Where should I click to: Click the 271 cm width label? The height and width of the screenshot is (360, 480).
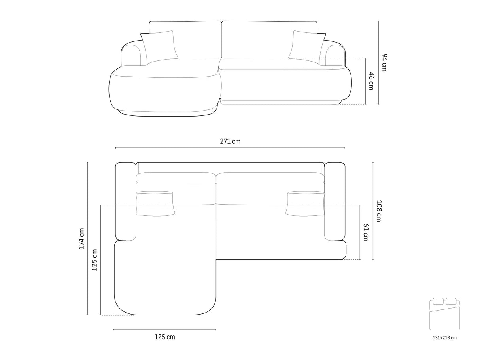coord(230,141)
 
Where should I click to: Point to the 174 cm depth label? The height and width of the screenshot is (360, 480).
coord(81,238)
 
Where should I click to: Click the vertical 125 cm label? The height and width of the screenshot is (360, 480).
coord(94,260)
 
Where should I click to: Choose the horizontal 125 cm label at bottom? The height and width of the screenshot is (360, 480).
coord(164,337)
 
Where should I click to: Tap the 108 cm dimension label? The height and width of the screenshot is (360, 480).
coord(378,211)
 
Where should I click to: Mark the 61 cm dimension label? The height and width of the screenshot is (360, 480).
coord(366,232)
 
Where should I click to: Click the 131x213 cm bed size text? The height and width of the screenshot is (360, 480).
coord(444,338)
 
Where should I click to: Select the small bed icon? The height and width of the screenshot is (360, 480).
coord(444,314)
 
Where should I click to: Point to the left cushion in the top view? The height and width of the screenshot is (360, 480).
coord(155,204)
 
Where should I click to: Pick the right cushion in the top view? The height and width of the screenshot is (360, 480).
coord(306,204)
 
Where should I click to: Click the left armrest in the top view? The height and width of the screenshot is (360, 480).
coord(125,202)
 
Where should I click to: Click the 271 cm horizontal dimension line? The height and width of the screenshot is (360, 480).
coord(230,148)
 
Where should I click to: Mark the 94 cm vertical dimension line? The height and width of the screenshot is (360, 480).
coord(378,62)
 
